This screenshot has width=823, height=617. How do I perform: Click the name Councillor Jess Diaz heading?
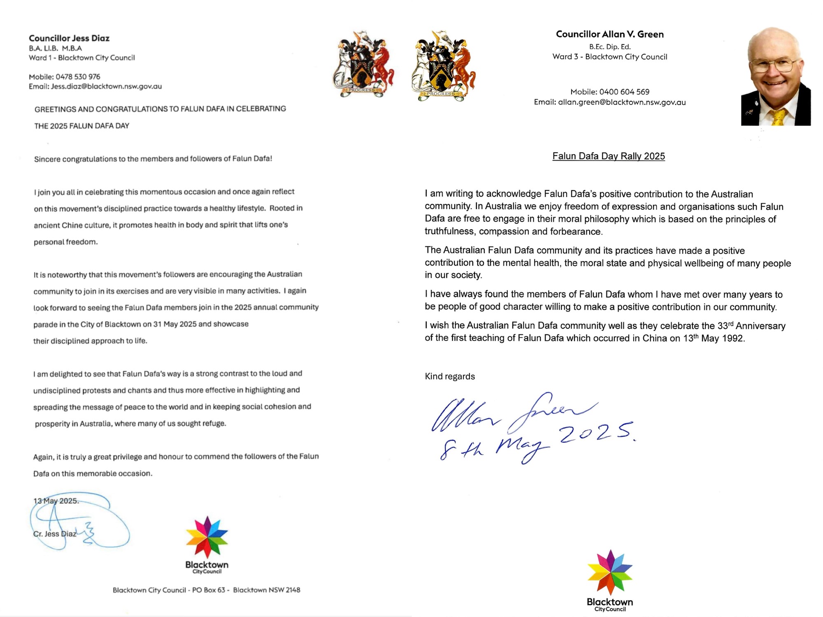click(69, 38)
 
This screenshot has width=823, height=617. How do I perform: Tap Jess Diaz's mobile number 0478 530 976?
click(78, 77)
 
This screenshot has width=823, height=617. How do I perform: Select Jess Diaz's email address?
click(106, 86)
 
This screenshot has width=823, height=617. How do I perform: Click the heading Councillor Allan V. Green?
click(609, 34)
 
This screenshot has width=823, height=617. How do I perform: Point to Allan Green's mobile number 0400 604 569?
click(624, 92)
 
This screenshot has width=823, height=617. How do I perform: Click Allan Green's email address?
click(621, 102)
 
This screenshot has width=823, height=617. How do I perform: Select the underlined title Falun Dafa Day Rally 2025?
click(608, 156)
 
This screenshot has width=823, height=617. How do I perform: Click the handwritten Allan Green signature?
click(510, 413)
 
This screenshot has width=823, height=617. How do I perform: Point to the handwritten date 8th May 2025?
click(535, 444)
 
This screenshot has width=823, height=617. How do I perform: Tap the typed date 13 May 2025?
click(56, 501)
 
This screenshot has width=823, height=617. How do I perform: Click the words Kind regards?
click(450, 376)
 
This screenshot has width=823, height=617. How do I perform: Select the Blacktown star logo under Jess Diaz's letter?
click(207, 537)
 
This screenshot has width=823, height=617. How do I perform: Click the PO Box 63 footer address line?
click(206, 590)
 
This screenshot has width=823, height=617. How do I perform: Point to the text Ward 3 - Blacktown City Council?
click(609, 57)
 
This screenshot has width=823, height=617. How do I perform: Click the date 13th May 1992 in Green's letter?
click(714, 338)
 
